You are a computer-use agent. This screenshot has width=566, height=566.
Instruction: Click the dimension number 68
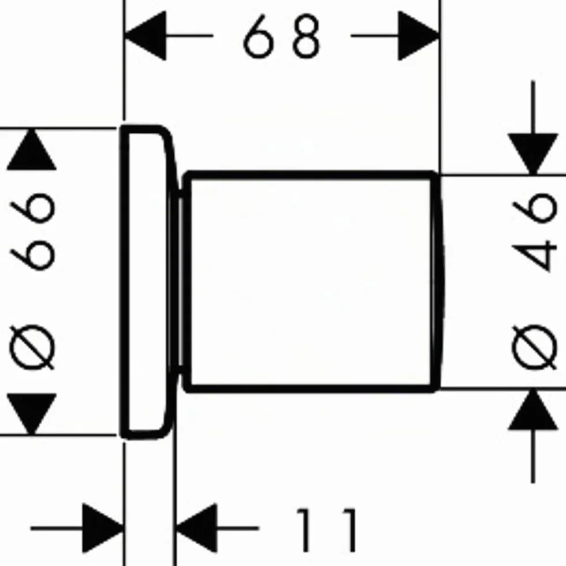point(282,36)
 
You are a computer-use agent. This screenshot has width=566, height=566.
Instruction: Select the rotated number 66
point(32,232)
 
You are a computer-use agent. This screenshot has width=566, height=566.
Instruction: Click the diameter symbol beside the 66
point(32,347)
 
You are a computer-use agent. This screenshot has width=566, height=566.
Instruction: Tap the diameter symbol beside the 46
point(534,347)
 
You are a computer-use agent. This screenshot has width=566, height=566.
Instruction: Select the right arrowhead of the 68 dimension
point(419,36)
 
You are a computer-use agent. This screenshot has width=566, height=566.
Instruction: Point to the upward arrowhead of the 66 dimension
point(32,149)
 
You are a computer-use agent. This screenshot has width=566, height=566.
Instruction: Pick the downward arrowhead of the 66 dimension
point(32,414)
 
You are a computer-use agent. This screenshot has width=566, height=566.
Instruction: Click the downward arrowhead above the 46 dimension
point(533,154)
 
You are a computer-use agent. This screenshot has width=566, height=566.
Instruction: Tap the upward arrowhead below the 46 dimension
point(533,409)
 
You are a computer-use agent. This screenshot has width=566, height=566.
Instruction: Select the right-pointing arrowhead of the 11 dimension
point(103,528)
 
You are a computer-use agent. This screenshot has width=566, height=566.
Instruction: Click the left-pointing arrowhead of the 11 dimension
point(196,528)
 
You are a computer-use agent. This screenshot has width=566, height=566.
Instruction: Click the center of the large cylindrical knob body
point(311,282)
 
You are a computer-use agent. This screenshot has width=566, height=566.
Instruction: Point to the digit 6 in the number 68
point(259,36)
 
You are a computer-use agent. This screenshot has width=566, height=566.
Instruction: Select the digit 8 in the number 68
point(306,36)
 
